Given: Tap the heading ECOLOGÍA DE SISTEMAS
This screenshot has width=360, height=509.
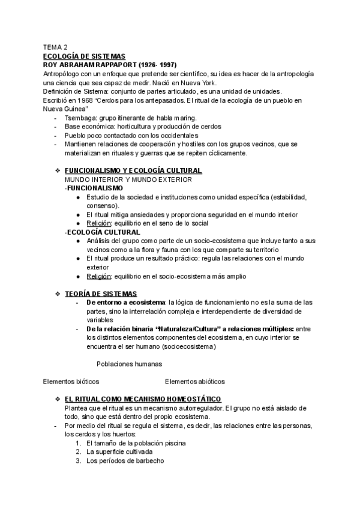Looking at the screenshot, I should (x=83, y=56).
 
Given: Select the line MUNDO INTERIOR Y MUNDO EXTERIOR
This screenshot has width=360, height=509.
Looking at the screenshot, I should (x=128, y=179).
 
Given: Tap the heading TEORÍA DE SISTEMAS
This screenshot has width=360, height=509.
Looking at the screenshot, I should (x=100, y=294).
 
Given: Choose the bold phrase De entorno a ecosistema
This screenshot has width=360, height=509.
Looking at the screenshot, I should (x=125, y=302).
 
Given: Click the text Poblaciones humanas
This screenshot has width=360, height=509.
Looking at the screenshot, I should (x=128, y=364).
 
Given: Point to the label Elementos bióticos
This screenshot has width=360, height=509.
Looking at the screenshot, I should (x=71, y=381).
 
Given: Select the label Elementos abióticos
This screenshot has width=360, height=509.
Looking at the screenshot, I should (x=194, y=381).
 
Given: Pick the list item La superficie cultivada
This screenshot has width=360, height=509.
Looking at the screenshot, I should (x=119, y=451).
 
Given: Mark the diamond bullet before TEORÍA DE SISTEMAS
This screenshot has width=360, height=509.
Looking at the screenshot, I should (x=58, y=294).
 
